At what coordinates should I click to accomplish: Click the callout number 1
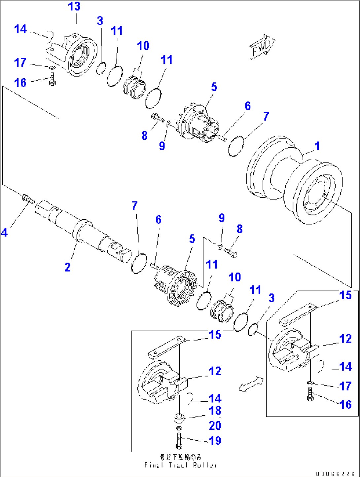[317, 146]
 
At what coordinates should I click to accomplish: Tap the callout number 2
[67, 267]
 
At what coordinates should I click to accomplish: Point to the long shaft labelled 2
[83, 231]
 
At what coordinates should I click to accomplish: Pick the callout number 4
[4, 233]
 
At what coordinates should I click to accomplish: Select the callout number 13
[74, 7]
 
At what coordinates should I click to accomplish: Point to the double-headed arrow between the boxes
[251, 385]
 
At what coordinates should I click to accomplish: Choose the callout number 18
[215, 411]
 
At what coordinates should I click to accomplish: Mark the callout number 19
[215, 440]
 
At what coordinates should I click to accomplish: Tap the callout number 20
[215, 425]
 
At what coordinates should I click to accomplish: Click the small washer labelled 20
[179, 428]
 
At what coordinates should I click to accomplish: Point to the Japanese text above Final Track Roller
[180, 457]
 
